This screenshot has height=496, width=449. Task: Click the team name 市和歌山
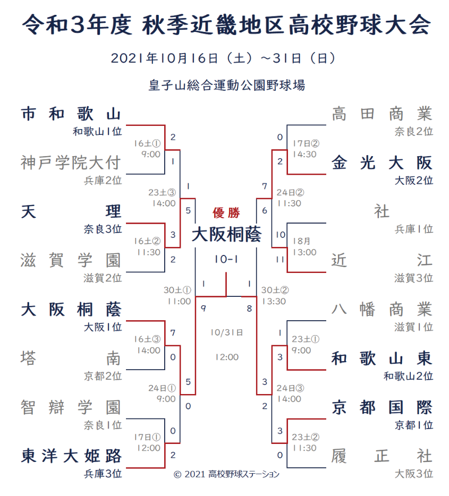(x=71, y=114)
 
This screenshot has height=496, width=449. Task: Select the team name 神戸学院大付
(x=71, y=163)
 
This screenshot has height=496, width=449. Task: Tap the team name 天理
(x=71, y=211)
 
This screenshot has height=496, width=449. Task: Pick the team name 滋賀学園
(x=71, y=260)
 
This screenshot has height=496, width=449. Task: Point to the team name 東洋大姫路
(x=71, y=456)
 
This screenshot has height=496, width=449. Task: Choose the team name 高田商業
(x=382, y=114)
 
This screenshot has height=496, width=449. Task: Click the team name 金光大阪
(x=382, y=163)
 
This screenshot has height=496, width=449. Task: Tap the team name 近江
(x=382, y=260)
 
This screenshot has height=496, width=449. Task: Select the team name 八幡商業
(x=382, y=309)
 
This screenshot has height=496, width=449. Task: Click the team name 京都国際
(x=382, y=407)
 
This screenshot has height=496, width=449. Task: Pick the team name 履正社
(x=382, y=456)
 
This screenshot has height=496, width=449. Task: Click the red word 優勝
(x=226, y=213)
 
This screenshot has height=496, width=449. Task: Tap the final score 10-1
(x=226, y=259)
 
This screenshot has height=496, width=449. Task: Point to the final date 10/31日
(x=226, y=332)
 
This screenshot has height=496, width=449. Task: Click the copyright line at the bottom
(x=226, y=474)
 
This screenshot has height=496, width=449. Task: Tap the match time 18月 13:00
(x=304, y=247)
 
